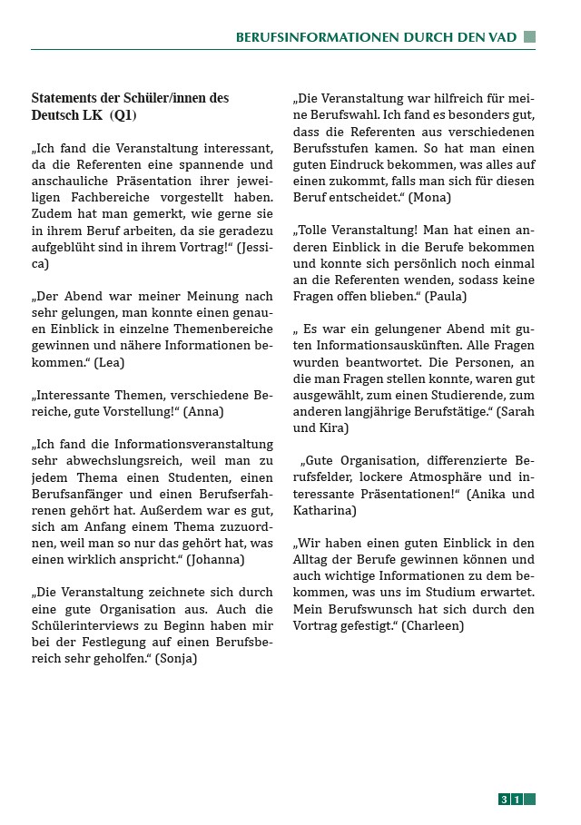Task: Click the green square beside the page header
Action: (529, 36)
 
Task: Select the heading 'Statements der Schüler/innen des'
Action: (130, 98)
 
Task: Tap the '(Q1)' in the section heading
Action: (123, 115)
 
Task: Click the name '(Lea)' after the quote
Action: (110, 362)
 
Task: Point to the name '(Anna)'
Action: (203, 410)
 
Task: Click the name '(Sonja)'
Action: (176, 658)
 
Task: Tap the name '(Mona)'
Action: (429, 197)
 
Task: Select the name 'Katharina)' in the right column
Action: (324, 511)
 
